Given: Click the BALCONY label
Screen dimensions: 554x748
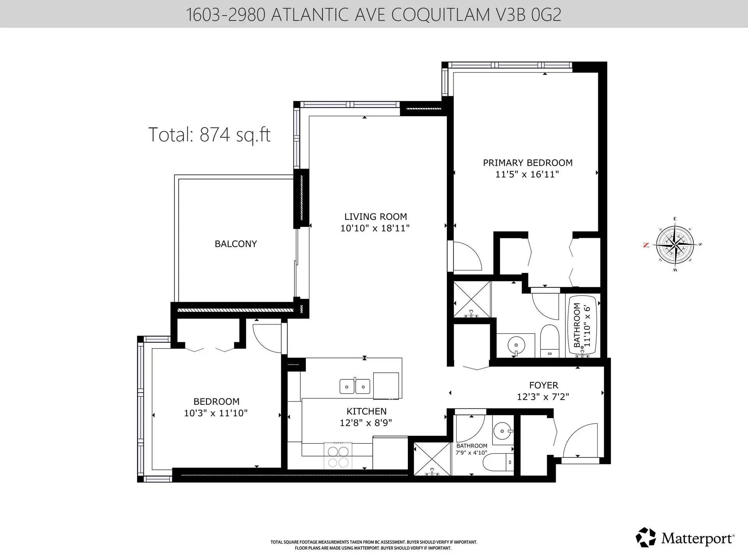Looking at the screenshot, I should tap(236, 244).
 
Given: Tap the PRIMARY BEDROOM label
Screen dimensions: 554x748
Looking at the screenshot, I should tap(527, 163).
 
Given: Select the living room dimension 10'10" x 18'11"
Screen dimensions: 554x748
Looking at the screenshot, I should tap(375, 228).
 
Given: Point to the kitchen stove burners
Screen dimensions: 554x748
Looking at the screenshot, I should tap(338, 457).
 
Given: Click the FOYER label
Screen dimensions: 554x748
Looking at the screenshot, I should tap(543, 385).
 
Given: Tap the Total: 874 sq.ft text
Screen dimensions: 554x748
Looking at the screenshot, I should tap(210, 135).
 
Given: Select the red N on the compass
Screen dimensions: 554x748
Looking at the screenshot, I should tap(646, 245).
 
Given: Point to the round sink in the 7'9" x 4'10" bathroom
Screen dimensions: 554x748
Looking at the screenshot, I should tap(502, 431).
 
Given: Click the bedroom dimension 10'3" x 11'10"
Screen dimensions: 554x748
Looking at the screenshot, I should tap(215, 413).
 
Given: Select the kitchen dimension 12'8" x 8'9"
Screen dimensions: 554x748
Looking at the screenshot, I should tap(366, 423).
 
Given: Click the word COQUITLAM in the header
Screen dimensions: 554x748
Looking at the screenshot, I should tap(440, 15).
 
